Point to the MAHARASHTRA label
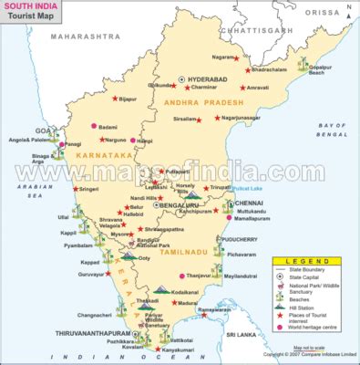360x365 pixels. point(85,36)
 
